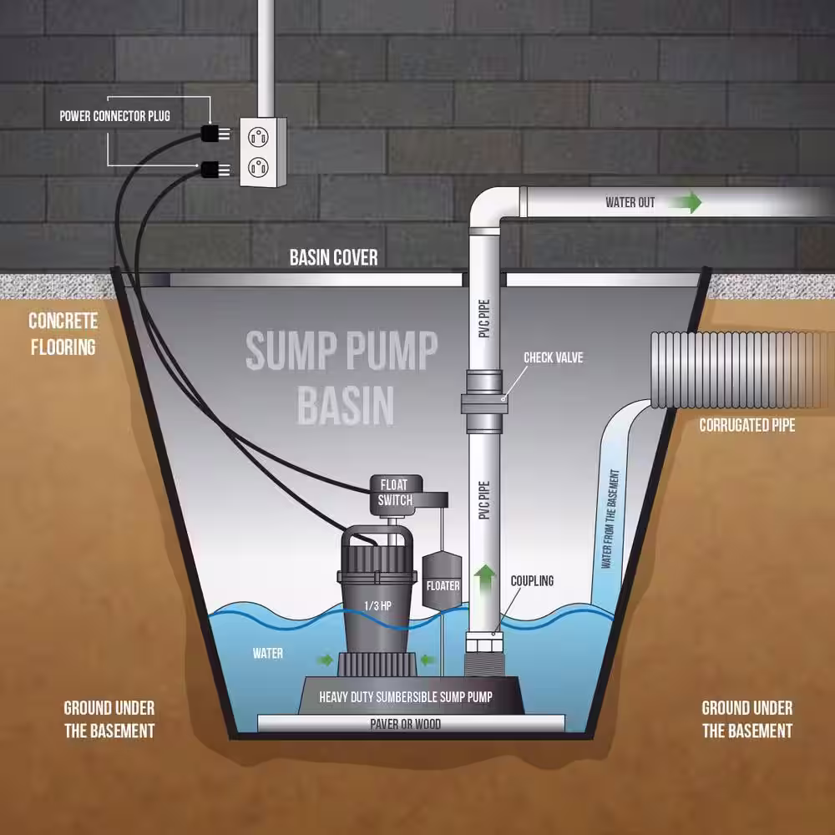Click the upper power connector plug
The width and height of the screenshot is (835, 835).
pyautogui.click(x=215, y=133)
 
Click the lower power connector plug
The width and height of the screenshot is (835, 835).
pyautogui.click(x=215, y=170)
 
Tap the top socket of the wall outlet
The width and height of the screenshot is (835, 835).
pyautogui.click(x=258, y=137)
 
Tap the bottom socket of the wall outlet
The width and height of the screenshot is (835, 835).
pyautogui.click(x=258, y=167)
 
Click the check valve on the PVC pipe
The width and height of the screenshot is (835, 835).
pyautogui.click(x=484, y=401)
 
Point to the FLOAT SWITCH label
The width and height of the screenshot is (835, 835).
pyautogui.click(x=395, y=493)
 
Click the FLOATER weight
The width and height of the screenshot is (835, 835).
pyautogui.click(x=442, y=581)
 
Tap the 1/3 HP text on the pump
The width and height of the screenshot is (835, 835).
pyautogui.click(x=377, y=605)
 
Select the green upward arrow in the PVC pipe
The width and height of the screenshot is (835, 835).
pyautogui.click(x=484, y=580)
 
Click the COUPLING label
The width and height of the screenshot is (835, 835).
pyautogui.click(x=532, y=580)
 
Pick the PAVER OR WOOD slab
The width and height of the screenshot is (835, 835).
pyautogui.click(x=411, y=724)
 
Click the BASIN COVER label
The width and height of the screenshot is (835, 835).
pyautogui.click(x=333, y=258)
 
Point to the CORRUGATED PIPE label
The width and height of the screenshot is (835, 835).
pyautogui.click(x=746, y=425)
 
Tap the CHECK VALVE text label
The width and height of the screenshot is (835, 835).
pyautogui.click(x=554, y=357)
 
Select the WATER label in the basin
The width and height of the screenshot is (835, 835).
pyautogui.click(x=268, y=654)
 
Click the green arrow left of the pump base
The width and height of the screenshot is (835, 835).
pyautogui.click(x=324, y=660)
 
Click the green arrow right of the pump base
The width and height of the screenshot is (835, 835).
pyautogui.click(x=428, y=660)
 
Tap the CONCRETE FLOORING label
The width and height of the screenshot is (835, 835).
pyautogui.click(x=63, y=334)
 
